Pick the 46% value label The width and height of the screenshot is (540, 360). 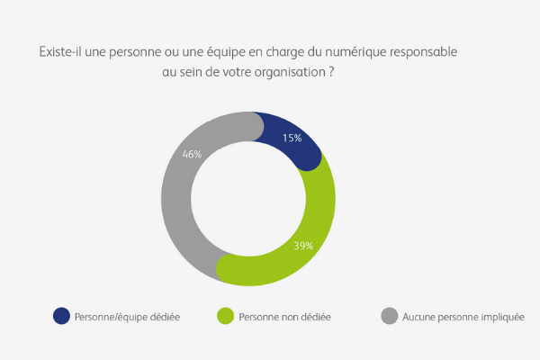[x=192, y=154]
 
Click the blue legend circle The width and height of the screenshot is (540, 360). [x=61, y=316]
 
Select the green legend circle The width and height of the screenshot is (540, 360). [x=225, y=316]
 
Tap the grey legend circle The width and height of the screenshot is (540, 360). [x=389, y=316]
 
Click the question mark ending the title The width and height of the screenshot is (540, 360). [x=332, y=73]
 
